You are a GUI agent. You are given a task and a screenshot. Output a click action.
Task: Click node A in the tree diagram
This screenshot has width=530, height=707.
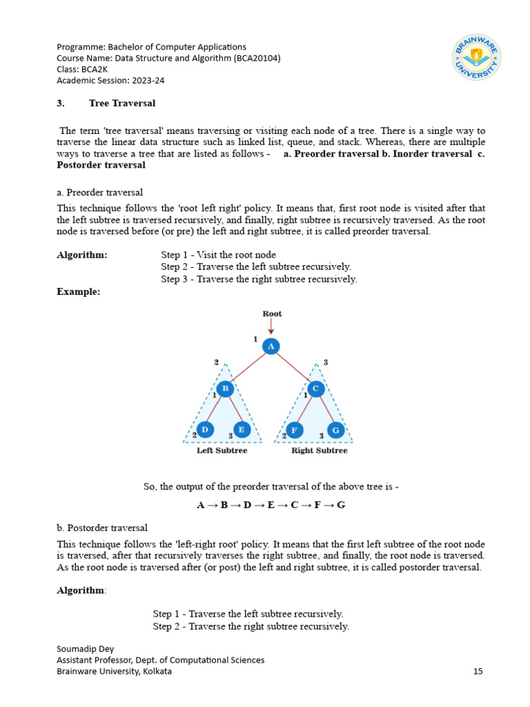271,347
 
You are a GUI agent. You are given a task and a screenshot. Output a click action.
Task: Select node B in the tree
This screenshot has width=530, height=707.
225,389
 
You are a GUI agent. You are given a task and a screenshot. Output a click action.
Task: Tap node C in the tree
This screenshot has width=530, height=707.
315,389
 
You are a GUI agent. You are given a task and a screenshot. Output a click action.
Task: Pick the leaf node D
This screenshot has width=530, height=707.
205,430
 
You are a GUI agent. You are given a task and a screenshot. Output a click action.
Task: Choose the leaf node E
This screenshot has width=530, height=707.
241,430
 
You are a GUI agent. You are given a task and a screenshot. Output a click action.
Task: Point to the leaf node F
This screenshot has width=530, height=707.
295,430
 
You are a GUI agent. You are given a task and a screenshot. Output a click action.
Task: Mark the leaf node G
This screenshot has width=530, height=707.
336,430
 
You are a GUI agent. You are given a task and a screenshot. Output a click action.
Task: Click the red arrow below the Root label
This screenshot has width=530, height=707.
271,327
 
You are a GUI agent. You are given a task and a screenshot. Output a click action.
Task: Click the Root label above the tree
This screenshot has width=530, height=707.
272,313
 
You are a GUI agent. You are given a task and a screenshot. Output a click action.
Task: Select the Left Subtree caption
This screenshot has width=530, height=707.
222,451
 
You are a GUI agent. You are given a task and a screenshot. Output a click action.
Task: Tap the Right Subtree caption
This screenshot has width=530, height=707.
320,451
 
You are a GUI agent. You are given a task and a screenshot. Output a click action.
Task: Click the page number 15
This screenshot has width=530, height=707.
478,671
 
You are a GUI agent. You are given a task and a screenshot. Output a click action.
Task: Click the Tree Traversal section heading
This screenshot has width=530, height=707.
122,104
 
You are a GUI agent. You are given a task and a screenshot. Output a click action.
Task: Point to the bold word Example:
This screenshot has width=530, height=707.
78,292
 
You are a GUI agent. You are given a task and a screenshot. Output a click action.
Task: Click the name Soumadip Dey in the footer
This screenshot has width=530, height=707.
86,649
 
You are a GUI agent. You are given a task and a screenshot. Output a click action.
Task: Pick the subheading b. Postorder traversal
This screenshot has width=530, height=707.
102,528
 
